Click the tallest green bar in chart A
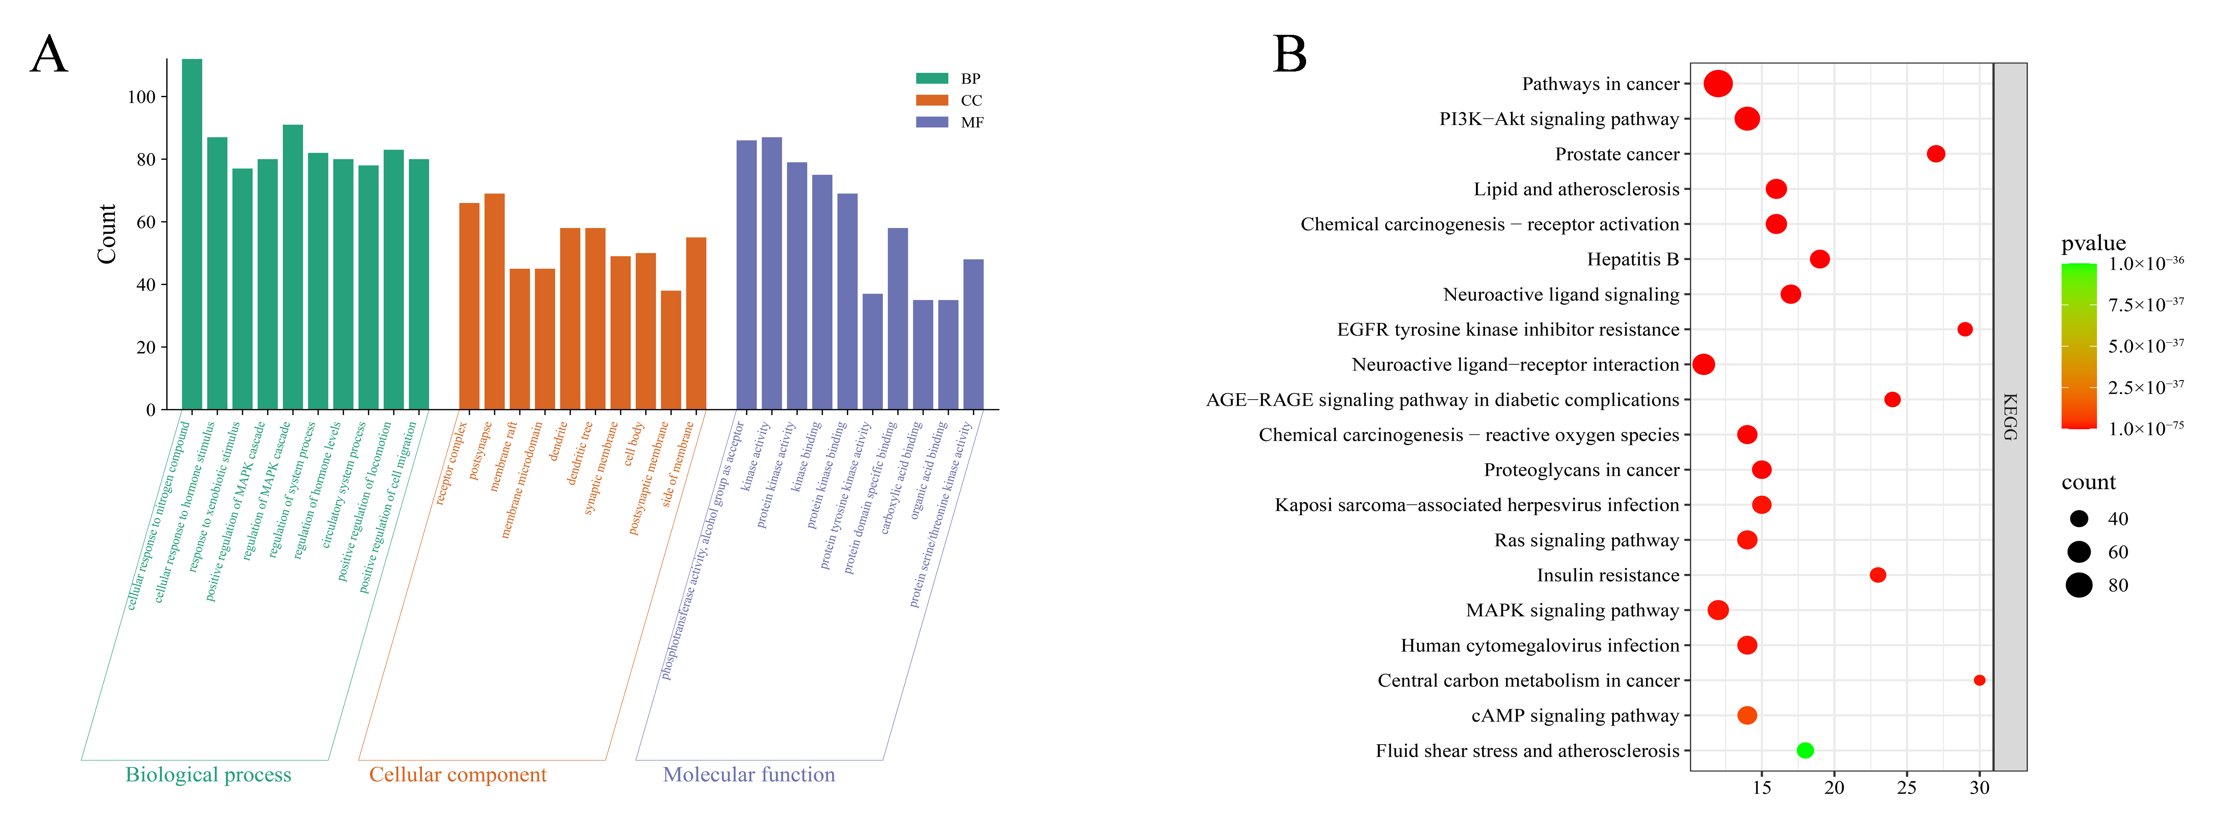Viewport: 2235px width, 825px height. [x=192, y=234]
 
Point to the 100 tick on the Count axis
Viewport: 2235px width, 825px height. [x=141, y=97]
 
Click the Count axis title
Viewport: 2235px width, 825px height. [x=107, y=234]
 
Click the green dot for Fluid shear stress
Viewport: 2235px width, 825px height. [x=1805, y=751]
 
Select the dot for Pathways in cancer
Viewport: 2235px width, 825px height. [x=1718, y=84]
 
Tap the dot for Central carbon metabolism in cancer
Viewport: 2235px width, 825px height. [x=1979, y=680]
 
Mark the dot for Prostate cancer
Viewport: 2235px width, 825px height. [x=1936, y=153]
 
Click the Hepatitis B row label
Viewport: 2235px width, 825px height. [x=1633, y=259]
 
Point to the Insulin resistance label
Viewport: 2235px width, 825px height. [x=1608, y=575]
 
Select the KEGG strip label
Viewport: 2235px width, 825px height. [x=2010, y=417]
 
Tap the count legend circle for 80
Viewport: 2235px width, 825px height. [x=2079, y=586]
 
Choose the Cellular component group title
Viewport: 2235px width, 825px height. [x=457, y=775]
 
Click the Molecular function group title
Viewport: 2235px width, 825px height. [x=749, y=775]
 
